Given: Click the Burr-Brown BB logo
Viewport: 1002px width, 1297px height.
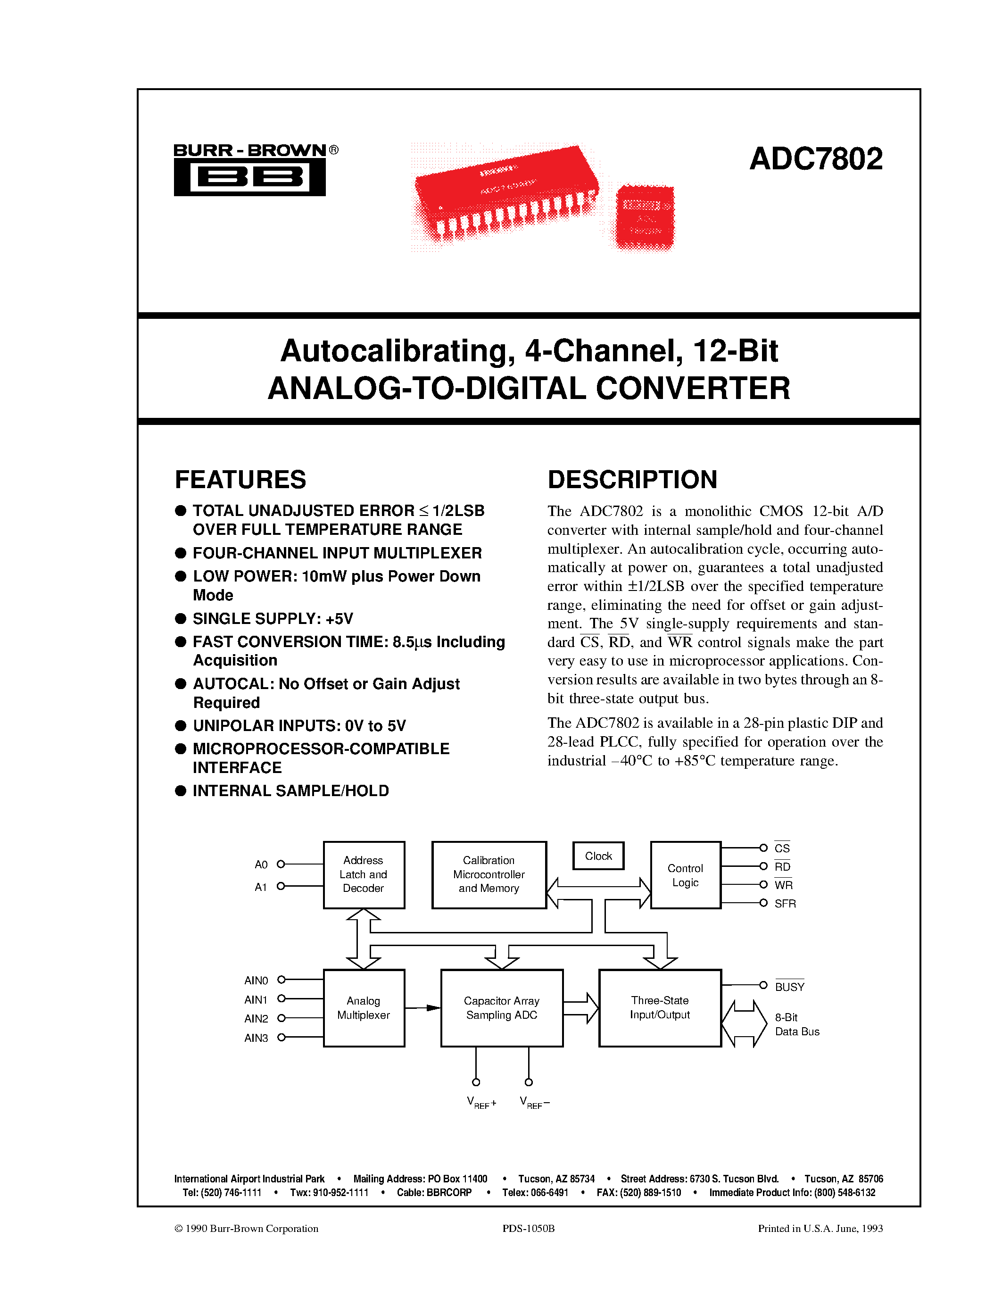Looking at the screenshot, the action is (249, 176).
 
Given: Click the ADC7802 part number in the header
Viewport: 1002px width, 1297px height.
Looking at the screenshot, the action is (816, 159).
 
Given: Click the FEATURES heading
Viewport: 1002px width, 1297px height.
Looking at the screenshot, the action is (240, 479).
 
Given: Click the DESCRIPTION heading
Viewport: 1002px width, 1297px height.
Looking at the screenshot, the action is (632, 479).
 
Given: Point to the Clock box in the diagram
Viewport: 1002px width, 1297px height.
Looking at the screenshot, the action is (598, 856).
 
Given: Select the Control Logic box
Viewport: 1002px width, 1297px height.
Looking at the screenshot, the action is (686, 875).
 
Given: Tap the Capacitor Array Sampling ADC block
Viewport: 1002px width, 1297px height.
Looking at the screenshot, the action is (502, 1008).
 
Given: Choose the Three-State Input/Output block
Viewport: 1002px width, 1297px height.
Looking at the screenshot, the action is (660, 1008).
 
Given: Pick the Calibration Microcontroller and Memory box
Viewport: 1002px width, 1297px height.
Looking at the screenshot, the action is (489, 874).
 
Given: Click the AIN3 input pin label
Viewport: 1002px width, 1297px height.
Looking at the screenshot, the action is (256, 1038).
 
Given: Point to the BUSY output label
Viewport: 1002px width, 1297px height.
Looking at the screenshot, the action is (789, 987).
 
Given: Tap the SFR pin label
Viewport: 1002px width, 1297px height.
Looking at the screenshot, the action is (785, 903).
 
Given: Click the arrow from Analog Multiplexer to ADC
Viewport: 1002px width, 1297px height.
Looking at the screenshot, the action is (422, 1008).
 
